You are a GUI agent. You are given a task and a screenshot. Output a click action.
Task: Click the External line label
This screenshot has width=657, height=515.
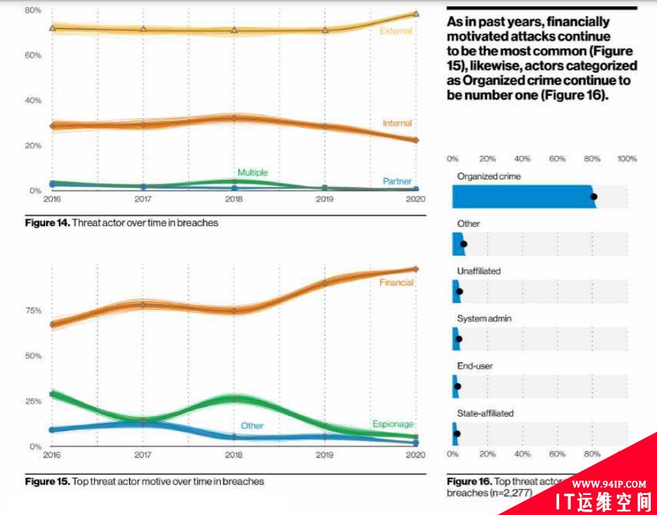click(x=395, y=31)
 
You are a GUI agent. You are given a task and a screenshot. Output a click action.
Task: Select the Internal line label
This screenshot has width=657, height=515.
click(x=397, y=123)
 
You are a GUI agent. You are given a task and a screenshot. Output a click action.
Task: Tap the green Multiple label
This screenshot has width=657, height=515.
click(x=253, y=173)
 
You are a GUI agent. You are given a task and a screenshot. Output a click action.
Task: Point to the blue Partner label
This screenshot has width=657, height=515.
click(x=397, y=182)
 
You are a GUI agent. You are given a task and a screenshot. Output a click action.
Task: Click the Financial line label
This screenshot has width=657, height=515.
click(x=396, y=283)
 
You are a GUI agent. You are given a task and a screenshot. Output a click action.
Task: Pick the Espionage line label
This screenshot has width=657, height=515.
click(x=393, y=424)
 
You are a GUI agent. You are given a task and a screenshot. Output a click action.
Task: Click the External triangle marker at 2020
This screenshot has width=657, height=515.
click(x=416, y=13)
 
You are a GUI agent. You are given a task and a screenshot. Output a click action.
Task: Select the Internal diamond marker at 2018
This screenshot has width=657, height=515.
click(x=234, y=118)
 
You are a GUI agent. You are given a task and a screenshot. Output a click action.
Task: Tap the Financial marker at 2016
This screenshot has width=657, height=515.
click(x=53, y=324)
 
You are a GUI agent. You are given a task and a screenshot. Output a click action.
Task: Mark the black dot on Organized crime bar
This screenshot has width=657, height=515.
click(x=594, y=197)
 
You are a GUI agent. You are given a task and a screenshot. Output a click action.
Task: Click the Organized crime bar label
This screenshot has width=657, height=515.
click(x=488, y=177)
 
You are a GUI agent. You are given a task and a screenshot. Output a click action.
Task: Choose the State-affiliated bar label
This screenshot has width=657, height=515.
click(x=485, y=413)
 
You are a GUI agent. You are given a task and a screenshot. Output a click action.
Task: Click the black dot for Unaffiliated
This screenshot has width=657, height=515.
click(x=459, y=292)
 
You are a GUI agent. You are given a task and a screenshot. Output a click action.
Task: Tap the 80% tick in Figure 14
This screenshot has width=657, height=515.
click(x=33, y=10)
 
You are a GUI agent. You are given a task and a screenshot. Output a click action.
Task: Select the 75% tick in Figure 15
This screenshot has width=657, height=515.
click(x=33, y=311)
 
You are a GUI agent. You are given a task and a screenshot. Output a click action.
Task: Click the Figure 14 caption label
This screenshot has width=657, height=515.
click(x=121, y=222)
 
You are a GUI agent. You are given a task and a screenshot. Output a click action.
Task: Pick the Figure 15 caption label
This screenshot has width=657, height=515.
click(x=144, y=481)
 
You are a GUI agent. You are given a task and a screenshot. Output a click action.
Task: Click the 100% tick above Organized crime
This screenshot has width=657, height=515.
click(x=626, y=159)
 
